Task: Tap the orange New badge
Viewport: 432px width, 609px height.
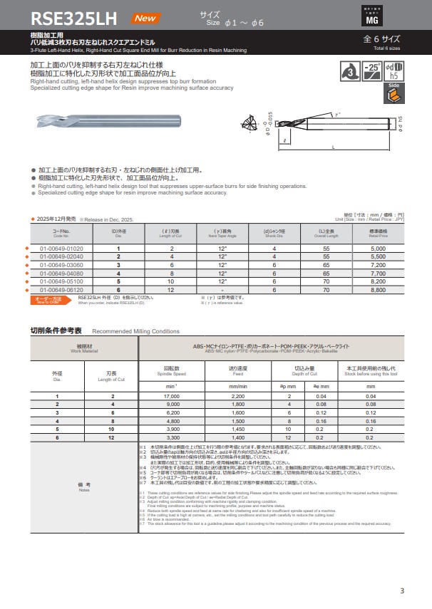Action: coord(150,18)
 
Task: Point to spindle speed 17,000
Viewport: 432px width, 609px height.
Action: coord(172,395)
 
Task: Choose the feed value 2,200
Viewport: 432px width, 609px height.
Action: coord(237,395)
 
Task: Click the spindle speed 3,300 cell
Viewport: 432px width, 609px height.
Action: coord(172,438)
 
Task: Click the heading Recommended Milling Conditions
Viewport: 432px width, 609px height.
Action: coord(136,331)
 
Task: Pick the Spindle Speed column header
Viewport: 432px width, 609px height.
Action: coord(172,371)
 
